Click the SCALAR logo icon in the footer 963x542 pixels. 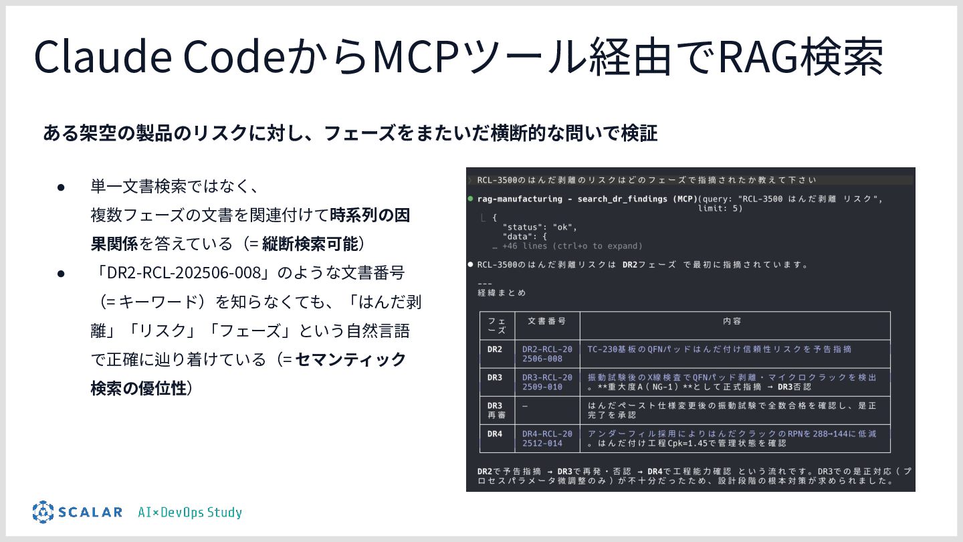pyautogui.click(x=43, y=512)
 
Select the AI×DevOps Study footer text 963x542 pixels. pyautogui.click(x=190, y=513)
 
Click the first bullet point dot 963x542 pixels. pyautogui.click(x=60, y=186)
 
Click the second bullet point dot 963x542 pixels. pyautogui.click(x=60, y=273)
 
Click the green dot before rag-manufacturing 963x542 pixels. pyautogui.click(x=471, y=199)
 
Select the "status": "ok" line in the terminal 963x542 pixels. pyautogui.click(x=540, y=227)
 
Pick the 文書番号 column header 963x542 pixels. pyautogui.click(x=546, y=321)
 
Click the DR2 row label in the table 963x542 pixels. pyautogui.click(x=495, y=349)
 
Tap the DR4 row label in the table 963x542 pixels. pyautogui.click(x=495, y=434)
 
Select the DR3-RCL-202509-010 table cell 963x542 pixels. pyautogui.click(x=547, y=382)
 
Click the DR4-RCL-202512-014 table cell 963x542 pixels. pyautogui.click(x=547, y=438)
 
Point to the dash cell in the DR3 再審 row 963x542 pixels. pyautogui.click(x=525, y=405)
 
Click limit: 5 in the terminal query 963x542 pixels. pyautogui.click(x=720, y=208)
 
